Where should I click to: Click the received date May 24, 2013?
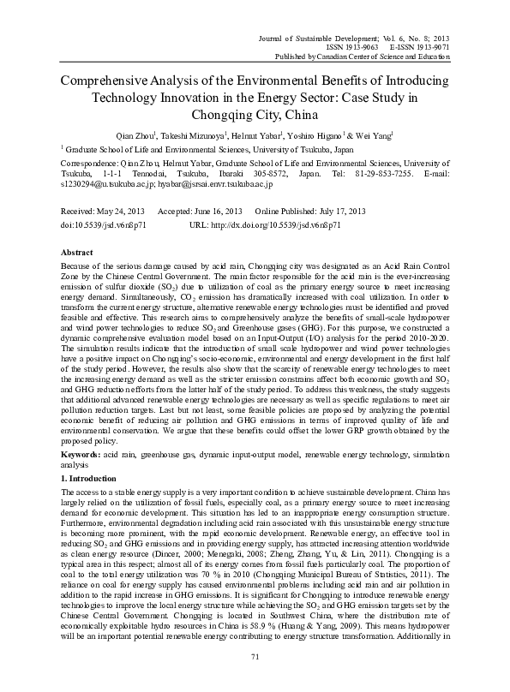[x=121, y=211]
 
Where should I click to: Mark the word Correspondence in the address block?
[x=88, y=161]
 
